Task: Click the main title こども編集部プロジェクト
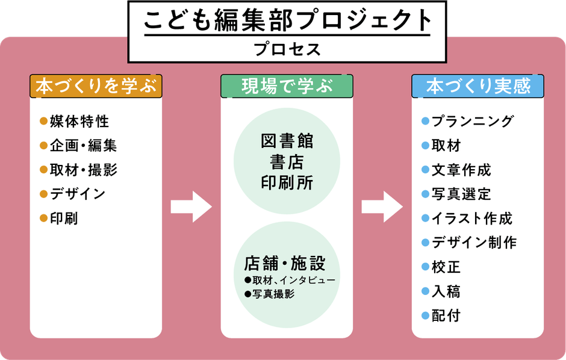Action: coord(287,20)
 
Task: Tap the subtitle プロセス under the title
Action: coord(287,49)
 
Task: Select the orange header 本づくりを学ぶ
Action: coord(96,87)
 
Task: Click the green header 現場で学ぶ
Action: coord(287,87)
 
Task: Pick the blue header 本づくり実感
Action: coord(478,87)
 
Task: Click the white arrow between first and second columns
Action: coord(191,207)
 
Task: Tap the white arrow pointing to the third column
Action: coord(382,207)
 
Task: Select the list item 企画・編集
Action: coord(83,145)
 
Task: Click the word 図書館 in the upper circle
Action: coord(287,141)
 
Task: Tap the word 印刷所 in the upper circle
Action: coord(287,182)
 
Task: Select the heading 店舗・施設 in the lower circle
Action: coord(285,264)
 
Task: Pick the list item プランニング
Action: coord(473,121)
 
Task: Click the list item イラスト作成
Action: coord(472,219)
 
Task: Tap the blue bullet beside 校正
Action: coord(425,267)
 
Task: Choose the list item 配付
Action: coord(446,315)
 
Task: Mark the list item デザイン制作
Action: coord(474,243)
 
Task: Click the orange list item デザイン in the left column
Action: coord(78,194)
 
